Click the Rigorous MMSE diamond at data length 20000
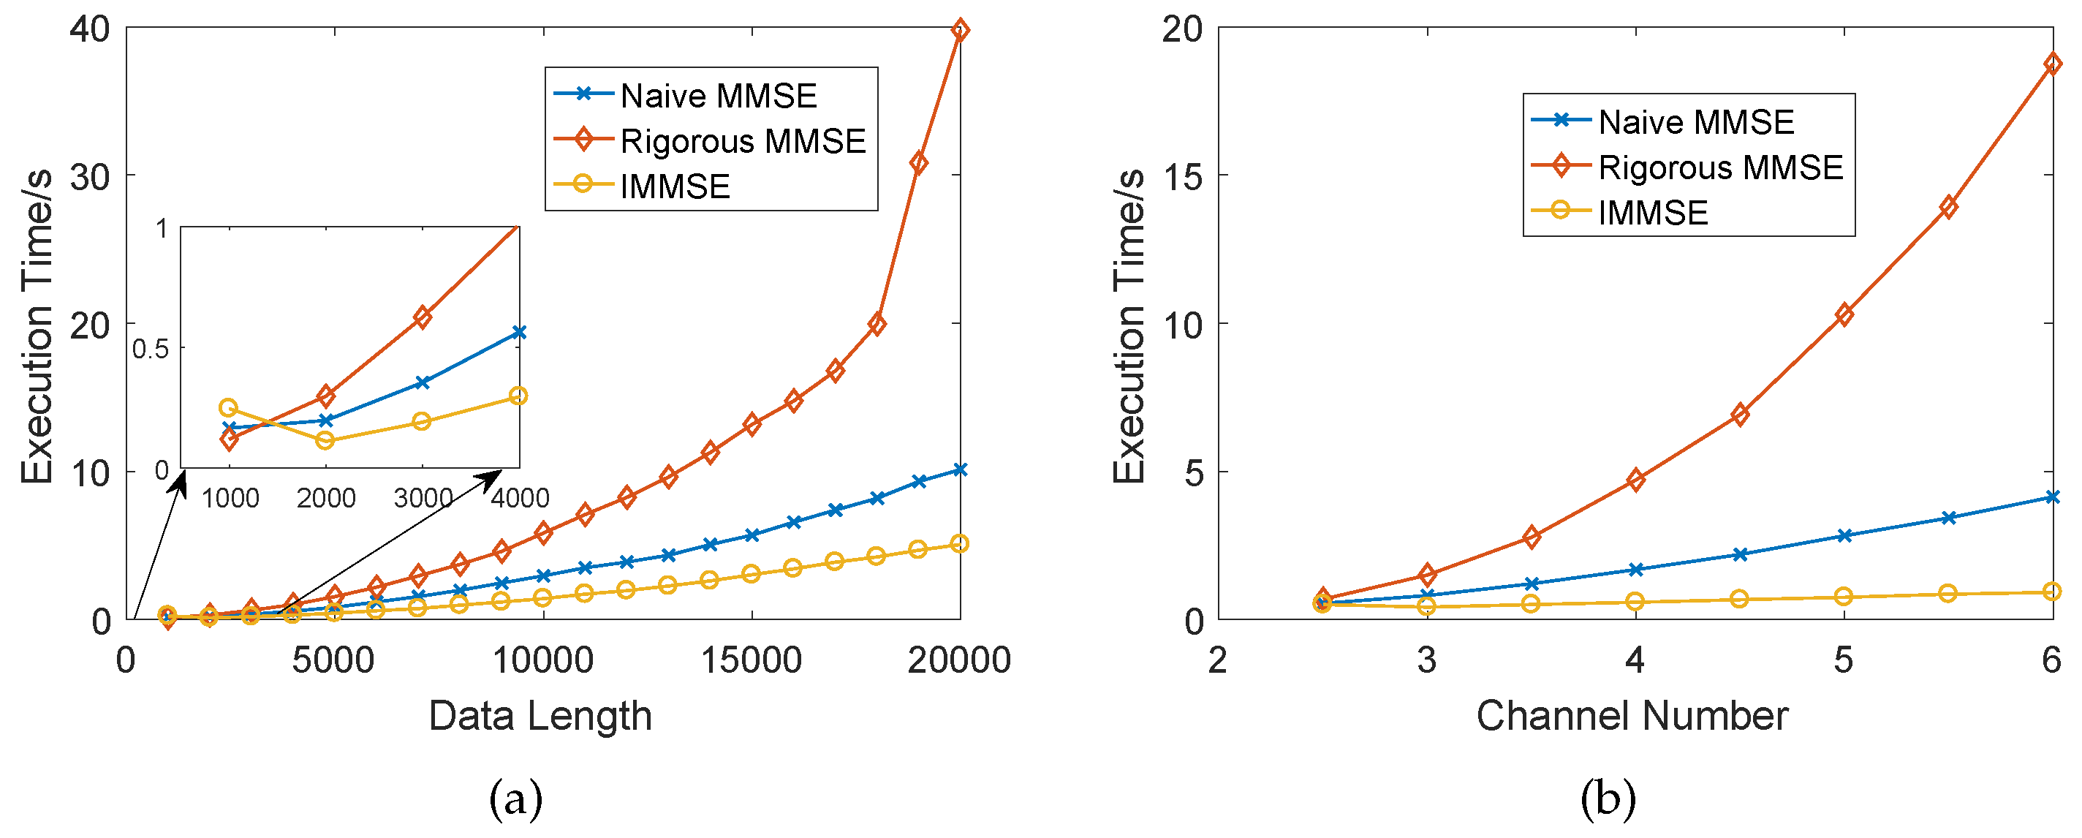pyautogui.click(x=959, y=31)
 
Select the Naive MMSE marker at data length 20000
pyautogui.click(x=959, y=469)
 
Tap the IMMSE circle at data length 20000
pyautogui.click(x=959, y=544)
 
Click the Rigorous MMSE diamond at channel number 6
pyautogui.click(x=2052, y=64)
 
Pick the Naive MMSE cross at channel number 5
pyautogui.click(x=1844, y=536)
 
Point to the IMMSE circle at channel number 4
pyautogui.click(x=1635, y=601)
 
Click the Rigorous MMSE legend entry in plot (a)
pyautogui.click(x=742, y=140)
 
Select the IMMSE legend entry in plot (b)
pyautogui.click(x=1652, y=213)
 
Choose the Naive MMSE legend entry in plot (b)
pyautogui.click(x=1696, y=122)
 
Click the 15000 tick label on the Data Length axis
pyautogui.click(x=751, y=660)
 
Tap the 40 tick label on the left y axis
pyautogui.click(x=90, y=30)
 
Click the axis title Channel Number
pyautogui.click(x=1632, y=716)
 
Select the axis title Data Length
pyautogui.click(x=540, y=716)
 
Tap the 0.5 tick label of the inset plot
pyautogui.click(x=151, y=349)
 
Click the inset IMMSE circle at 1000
pyautogui.click(x=229, y=407)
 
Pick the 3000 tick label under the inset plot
pyautogui.click(x=422, y=498)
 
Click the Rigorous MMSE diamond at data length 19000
pyautogui.click(x=918, y=162)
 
